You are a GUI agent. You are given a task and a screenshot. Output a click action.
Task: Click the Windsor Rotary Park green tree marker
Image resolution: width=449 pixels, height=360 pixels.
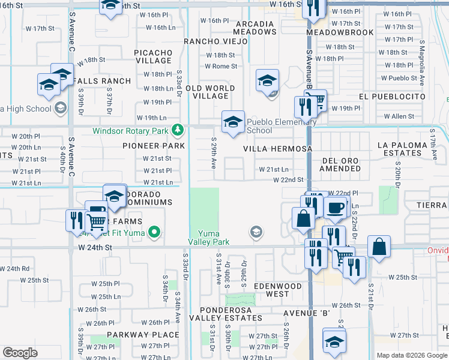click(177, 130)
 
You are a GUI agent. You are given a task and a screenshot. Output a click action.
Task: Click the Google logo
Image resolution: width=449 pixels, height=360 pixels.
click(20, 352)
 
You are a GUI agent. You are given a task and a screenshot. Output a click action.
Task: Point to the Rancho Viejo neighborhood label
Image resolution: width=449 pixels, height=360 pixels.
click(215, 41)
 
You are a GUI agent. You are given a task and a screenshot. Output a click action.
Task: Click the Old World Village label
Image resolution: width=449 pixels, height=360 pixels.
click(210, 92)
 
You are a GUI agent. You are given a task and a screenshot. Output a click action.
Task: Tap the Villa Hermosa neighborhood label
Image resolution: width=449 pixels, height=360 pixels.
click(278, 148)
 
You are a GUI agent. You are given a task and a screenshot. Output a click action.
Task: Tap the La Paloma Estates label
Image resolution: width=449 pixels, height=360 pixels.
click(408, 149)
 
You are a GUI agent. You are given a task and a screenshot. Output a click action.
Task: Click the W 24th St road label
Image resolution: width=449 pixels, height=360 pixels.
click(95, 247)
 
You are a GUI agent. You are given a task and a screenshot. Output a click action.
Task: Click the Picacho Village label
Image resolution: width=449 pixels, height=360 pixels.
click(153, 56)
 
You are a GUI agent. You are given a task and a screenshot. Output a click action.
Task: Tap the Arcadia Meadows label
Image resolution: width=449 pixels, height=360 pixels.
click(253, 28)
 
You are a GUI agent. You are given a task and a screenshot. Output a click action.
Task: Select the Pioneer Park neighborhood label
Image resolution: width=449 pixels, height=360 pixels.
click(153, 146)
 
